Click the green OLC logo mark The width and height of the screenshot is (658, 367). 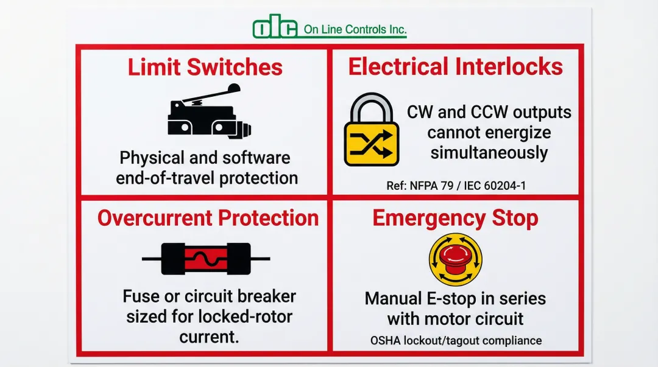pyautogui.click(x=275, y=26)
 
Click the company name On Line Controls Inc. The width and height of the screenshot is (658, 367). pyautogui.click(x=355, y=29)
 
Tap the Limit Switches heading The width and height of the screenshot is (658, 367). pyautogui.click(x=205, y=67)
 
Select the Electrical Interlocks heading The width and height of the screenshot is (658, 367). pyautogui.click(x=455, y=67)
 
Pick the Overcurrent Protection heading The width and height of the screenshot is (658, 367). pyautogui.click(x=208, y=218)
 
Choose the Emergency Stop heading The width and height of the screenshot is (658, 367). pyautogui.click(x=455, y=218)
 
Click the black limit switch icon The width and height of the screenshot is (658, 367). pyautogui.click(x=209, y=111)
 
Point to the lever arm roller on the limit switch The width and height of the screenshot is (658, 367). pyautogui.click(x=233, y=89)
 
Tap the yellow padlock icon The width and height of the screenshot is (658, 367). pyautogui.click(x=372, y=129)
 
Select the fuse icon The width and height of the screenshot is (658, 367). pyautogui.click(x=206, y=259)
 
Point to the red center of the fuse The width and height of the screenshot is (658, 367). pyautogui.click(x=206, y=259)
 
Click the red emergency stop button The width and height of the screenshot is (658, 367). pyautogui.click(x=455, y=259)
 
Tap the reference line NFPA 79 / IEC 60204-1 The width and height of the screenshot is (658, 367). pyautogui.click(x=456, y=186)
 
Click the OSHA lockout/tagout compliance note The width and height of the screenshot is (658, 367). pyautogui.click(x=456, y=340)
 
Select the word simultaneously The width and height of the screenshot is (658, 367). pyautogui.click(x=489, y=153)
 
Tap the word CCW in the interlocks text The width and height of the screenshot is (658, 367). pyautogui.click(x=489, y=112)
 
